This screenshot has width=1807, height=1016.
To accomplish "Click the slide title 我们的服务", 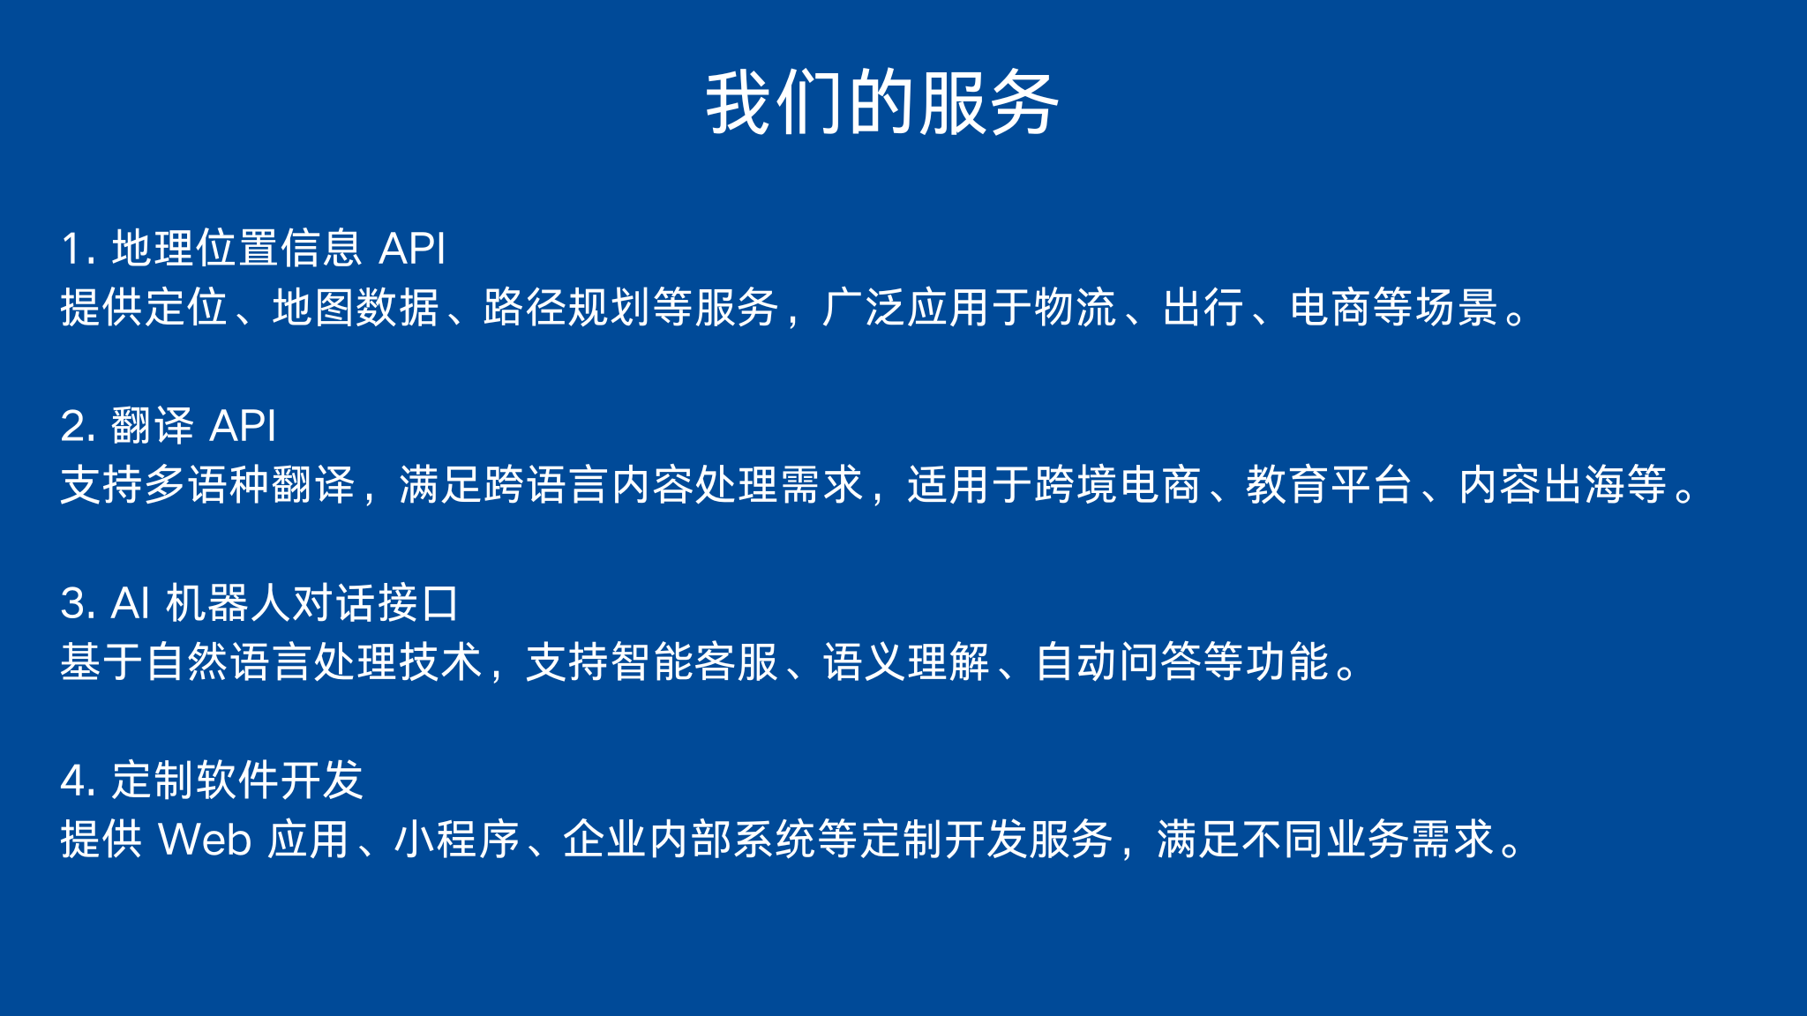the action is [x=882, y=103].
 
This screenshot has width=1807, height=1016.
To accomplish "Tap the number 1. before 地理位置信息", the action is [x=78, y=249].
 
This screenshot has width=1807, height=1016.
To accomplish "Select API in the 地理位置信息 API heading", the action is [x=412, y=249].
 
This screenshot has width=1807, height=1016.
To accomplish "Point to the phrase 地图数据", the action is [x=356, y=308].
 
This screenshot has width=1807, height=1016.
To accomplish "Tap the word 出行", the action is [x=1203, y=308].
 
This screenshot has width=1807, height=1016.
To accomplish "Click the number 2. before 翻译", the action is [x=78, y=426].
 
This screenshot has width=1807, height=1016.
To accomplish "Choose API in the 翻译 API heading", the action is [x=243, y=426].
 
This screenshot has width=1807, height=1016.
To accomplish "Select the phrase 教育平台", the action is [x=1330, y=485].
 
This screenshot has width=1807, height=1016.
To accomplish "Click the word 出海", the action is [x=1584, y=485].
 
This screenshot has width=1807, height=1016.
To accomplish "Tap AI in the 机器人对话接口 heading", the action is [x=131, y=603].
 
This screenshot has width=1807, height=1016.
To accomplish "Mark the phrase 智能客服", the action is [x=695, y=662].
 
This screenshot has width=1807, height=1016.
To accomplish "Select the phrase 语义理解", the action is [x=907, y=662].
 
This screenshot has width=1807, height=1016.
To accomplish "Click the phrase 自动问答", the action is [x=1118, y=662].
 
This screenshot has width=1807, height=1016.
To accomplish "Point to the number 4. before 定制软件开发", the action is [x=78, y=781].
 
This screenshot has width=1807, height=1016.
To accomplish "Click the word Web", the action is [x=205, y=840].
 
